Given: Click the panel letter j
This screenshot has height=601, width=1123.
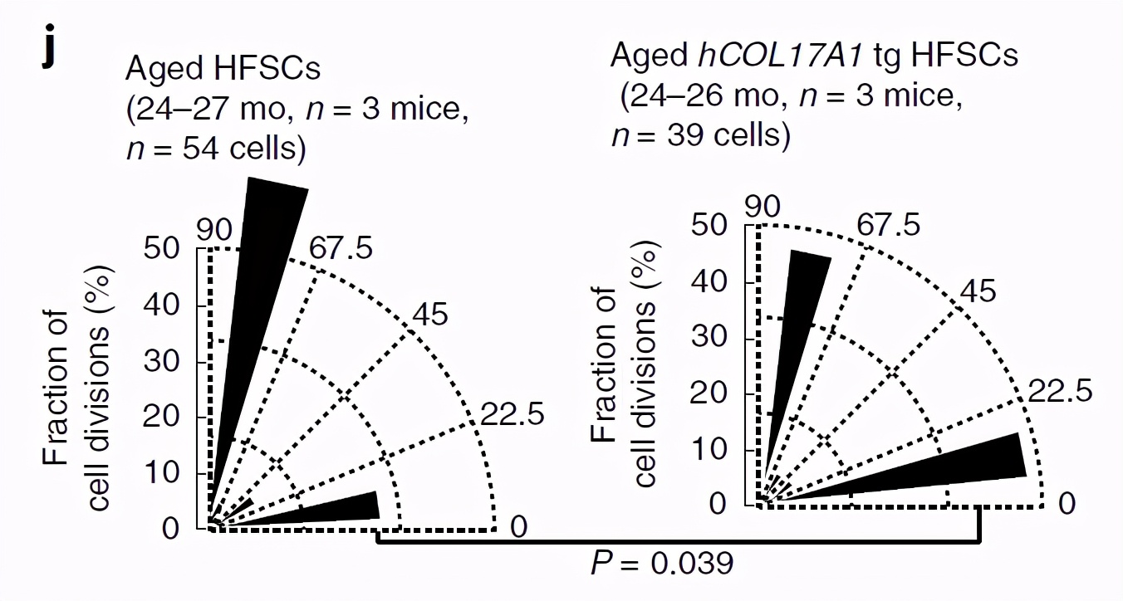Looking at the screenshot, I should click(52, 48).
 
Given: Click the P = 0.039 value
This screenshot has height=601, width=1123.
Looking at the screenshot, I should click(662, 564).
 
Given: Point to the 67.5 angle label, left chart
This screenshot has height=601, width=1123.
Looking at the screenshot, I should click(341, 248).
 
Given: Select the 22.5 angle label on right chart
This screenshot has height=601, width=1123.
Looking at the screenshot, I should click(1060, 390).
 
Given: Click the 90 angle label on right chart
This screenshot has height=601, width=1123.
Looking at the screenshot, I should click(763, 207).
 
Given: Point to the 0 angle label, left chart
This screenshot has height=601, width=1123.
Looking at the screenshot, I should click(518, 526).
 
